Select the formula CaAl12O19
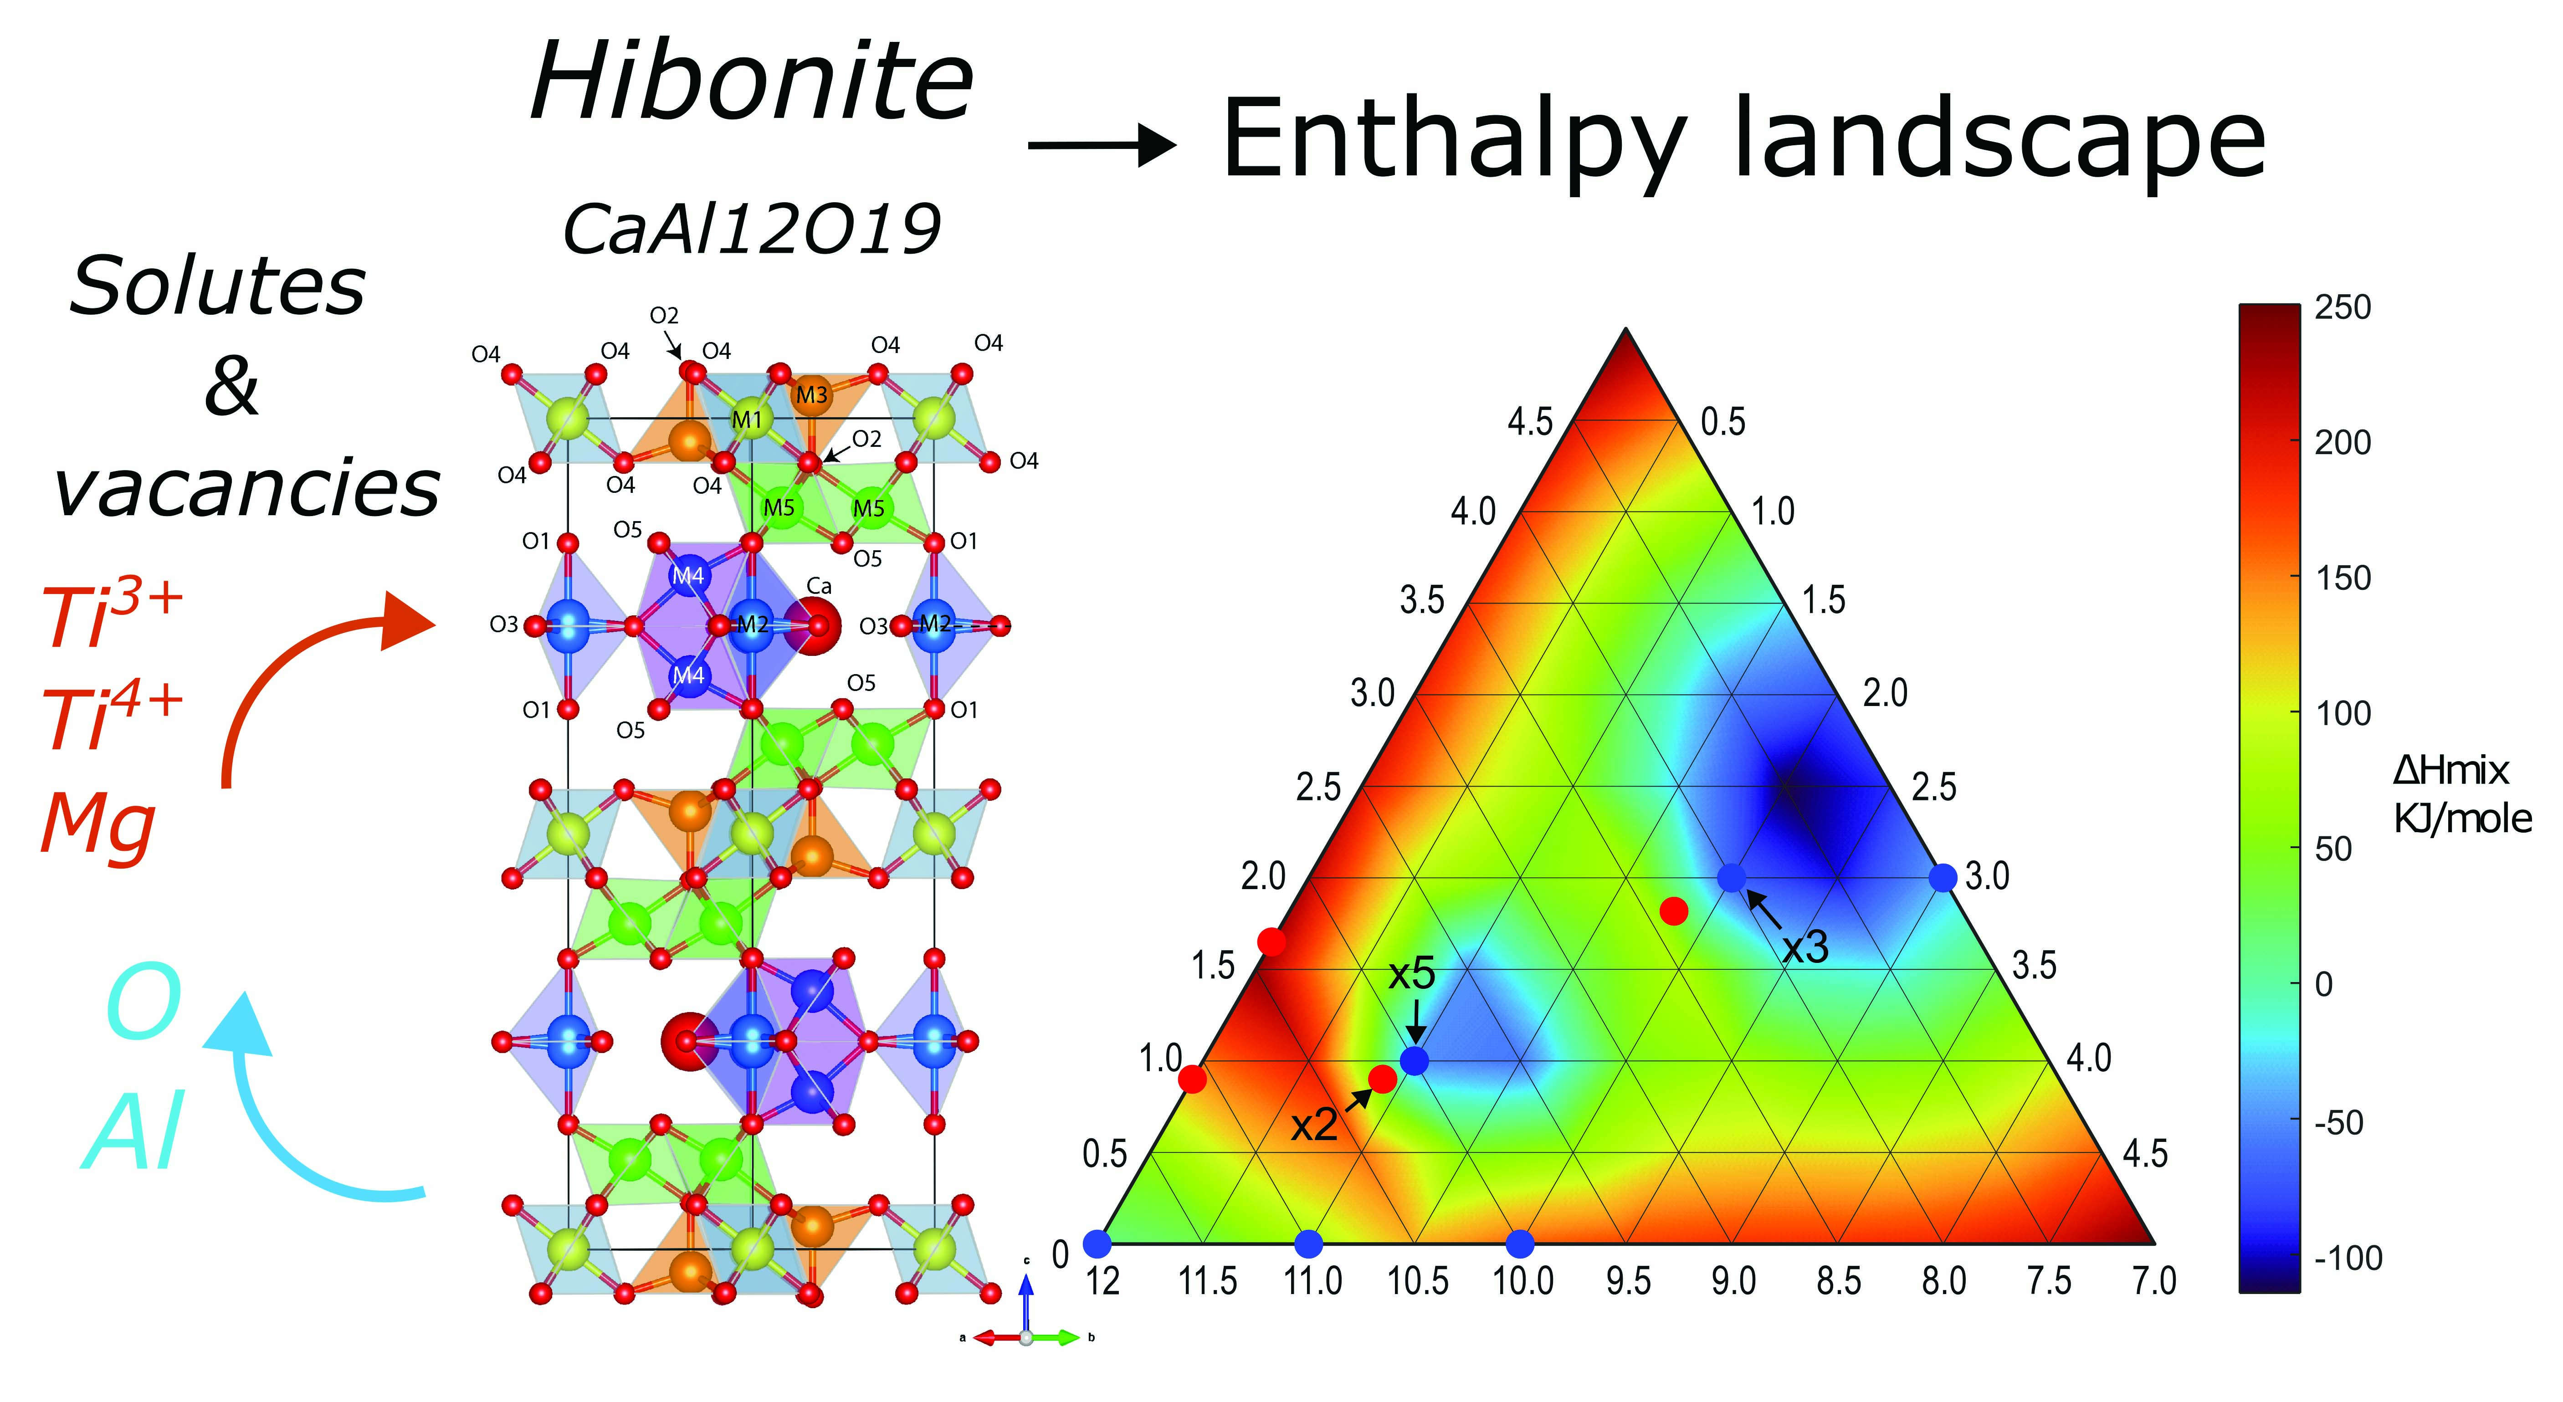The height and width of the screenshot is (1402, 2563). (x=751, y=229)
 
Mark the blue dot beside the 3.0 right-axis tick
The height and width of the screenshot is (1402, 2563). (x=1942, y=877)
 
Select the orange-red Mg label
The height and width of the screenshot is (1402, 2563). (x=97, y=824)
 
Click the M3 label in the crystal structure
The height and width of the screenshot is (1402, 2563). (x=811, y=395)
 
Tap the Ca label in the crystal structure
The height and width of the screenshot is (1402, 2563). (x=818, y=586)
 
